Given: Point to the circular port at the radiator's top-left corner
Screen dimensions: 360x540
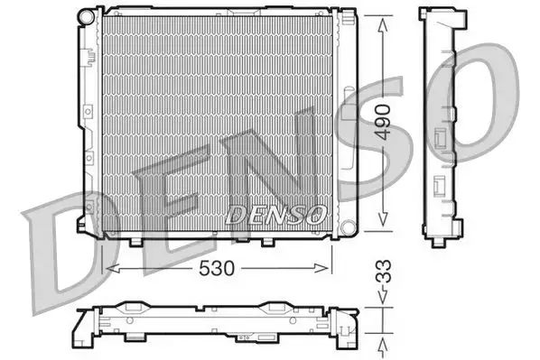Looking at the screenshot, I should pos(86,17).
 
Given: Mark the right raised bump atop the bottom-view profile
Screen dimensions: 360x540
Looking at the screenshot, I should pos(275,307).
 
